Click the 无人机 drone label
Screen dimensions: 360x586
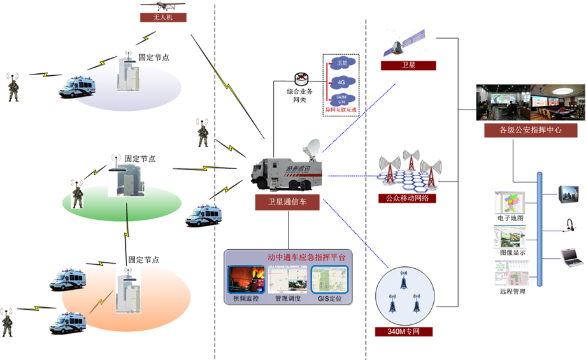(163, 18)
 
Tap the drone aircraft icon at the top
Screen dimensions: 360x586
(164, 6)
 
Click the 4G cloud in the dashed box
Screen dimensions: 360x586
(342, 82)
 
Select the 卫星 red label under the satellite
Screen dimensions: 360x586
(408, 66)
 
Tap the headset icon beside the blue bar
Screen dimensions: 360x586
(569, 224)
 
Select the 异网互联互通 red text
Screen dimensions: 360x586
(341, 110)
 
